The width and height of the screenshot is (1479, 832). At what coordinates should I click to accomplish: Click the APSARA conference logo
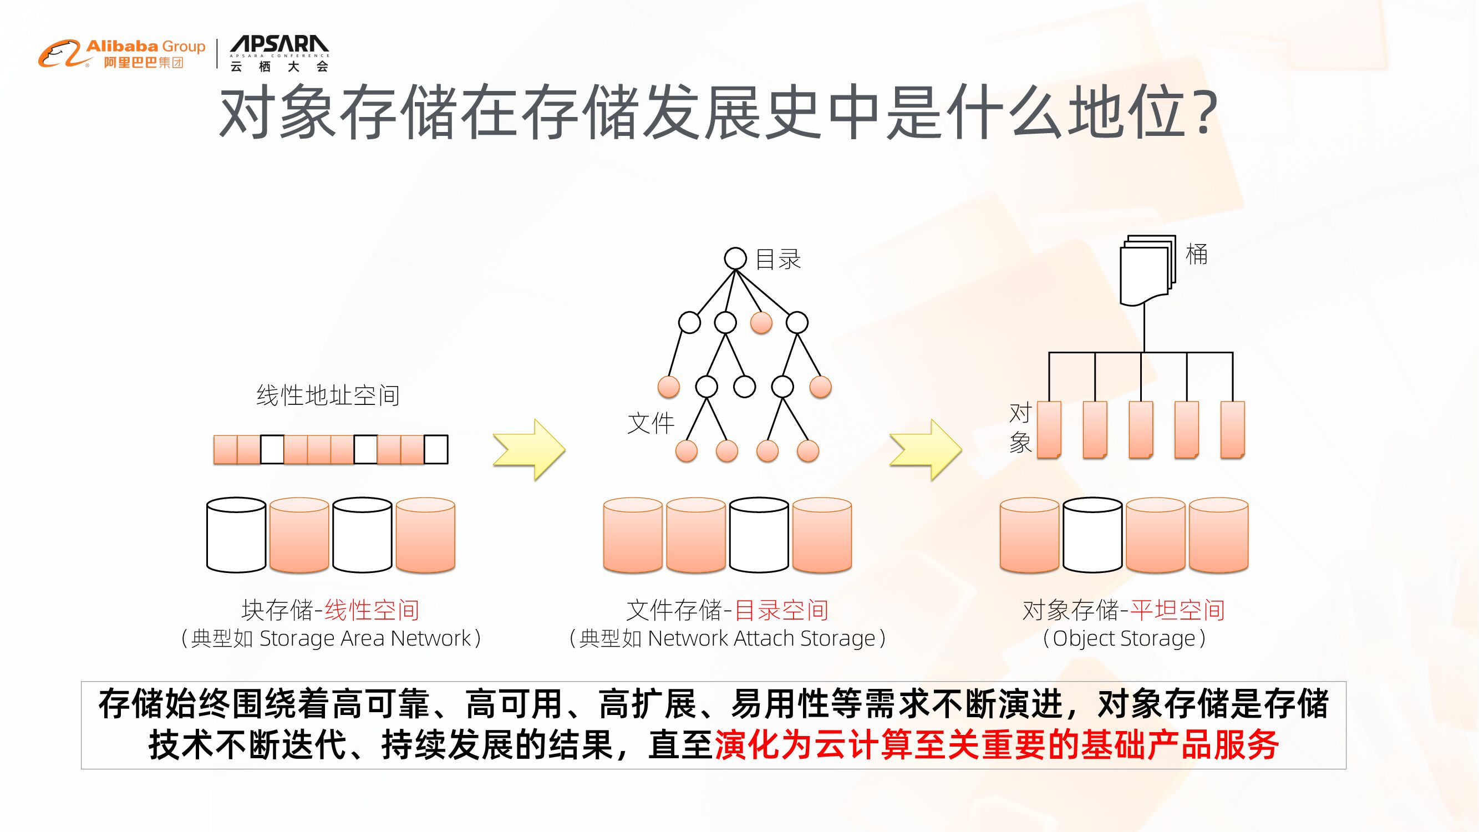(279, 54)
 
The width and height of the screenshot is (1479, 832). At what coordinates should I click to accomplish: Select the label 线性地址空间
(328, 395)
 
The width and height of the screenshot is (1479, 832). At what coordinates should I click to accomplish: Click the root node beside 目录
(735, 258)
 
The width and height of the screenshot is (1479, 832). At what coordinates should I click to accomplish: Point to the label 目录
(778, 260)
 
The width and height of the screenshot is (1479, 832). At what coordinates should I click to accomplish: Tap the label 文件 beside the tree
(650, 424)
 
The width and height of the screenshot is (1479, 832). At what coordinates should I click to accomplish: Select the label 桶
(1197, 255)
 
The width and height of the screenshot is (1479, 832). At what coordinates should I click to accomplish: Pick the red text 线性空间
(372, 610)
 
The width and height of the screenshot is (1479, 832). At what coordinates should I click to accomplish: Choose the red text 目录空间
(781, 610)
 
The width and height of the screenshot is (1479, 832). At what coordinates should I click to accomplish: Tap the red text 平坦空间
(1177, 610)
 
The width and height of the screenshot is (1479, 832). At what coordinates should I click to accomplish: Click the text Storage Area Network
(365, 638)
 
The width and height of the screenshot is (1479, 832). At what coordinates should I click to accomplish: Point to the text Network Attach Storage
(761, 638)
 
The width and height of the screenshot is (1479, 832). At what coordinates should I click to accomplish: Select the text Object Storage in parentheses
(1124, 638)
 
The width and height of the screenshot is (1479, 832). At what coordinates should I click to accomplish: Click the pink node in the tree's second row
(761, 323)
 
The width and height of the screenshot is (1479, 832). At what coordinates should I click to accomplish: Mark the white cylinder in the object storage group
(1092, 535)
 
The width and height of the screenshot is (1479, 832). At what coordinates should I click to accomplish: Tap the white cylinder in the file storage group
(759, 535)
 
